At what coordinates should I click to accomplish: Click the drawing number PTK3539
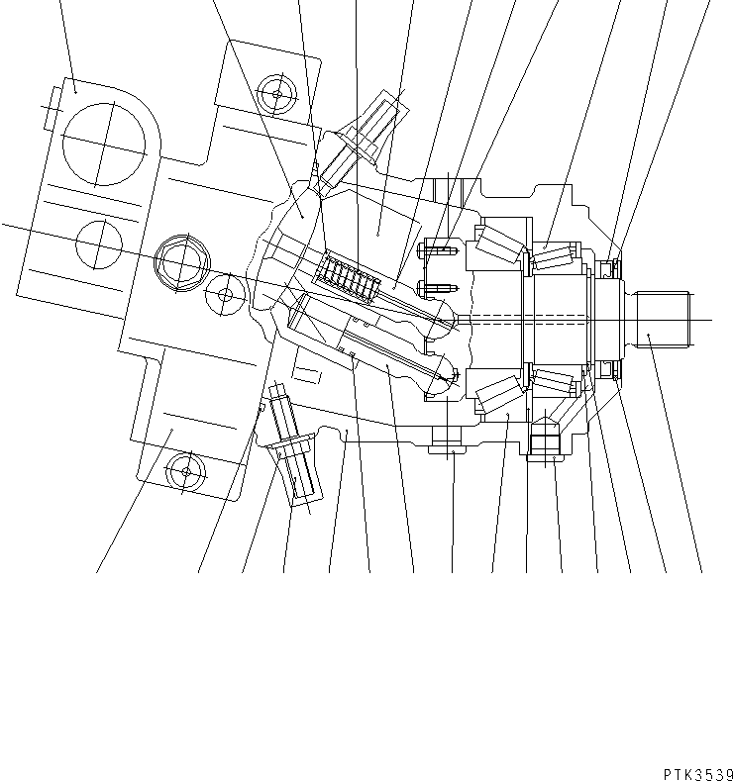(x=693, y=772)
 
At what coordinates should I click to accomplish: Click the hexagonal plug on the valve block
(x=182, y=261)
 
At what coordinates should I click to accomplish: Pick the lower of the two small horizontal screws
(x=436, y=288)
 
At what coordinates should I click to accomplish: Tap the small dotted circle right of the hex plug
(x=225, y=294)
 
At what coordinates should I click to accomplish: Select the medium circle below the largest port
(x=98, y=244)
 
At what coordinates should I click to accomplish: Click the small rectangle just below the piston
(x=308, y=374)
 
